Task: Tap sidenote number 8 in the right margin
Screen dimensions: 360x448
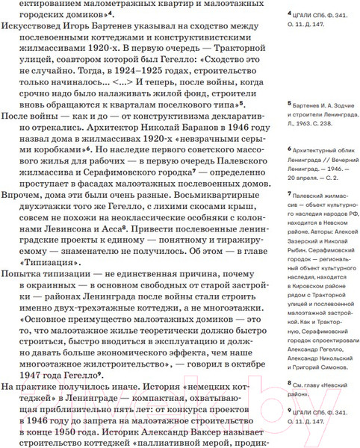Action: coord(289,383)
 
